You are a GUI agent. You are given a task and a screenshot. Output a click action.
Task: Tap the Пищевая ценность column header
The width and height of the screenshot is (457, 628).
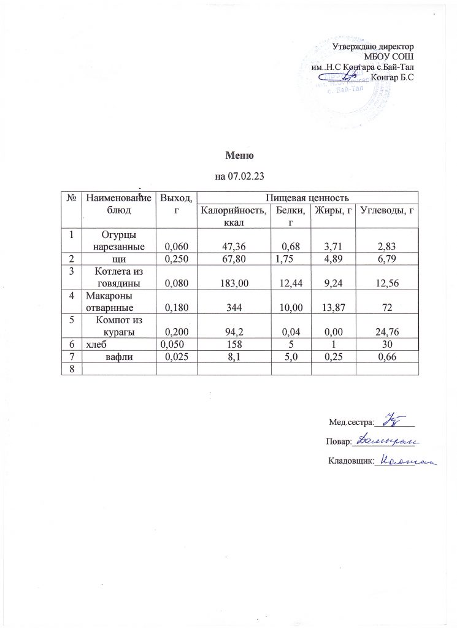tap(307, 197)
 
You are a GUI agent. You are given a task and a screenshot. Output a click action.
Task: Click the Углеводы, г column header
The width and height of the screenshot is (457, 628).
tap(385, 212)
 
